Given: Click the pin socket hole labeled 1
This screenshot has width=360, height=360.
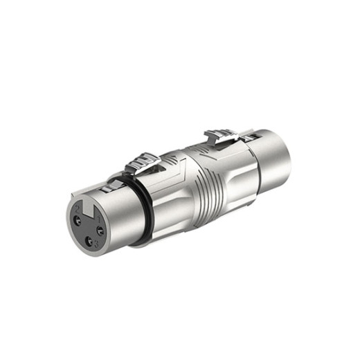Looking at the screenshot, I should click(x=100, y=231).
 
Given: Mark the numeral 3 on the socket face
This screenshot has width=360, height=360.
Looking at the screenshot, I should click(x=96, y=246).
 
